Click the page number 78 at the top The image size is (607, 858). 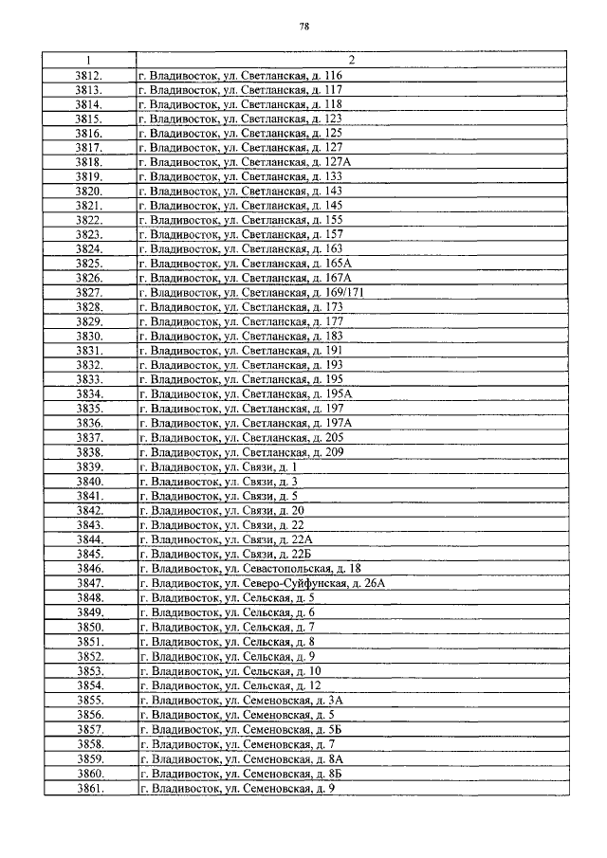point(304,26)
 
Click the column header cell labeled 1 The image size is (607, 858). point(88,60)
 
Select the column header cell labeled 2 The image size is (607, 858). point(351,60)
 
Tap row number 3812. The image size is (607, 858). point(88,74)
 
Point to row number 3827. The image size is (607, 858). point(88,294)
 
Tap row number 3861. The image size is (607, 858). point(88,789)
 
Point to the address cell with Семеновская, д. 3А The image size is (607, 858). point(240,701)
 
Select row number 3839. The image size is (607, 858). point(88,466)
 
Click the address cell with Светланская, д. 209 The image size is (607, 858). point(241,452)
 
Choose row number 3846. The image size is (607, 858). point(88,569)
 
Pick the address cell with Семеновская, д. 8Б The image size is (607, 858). point(240,775)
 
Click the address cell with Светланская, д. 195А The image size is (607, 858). point(245,393)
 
